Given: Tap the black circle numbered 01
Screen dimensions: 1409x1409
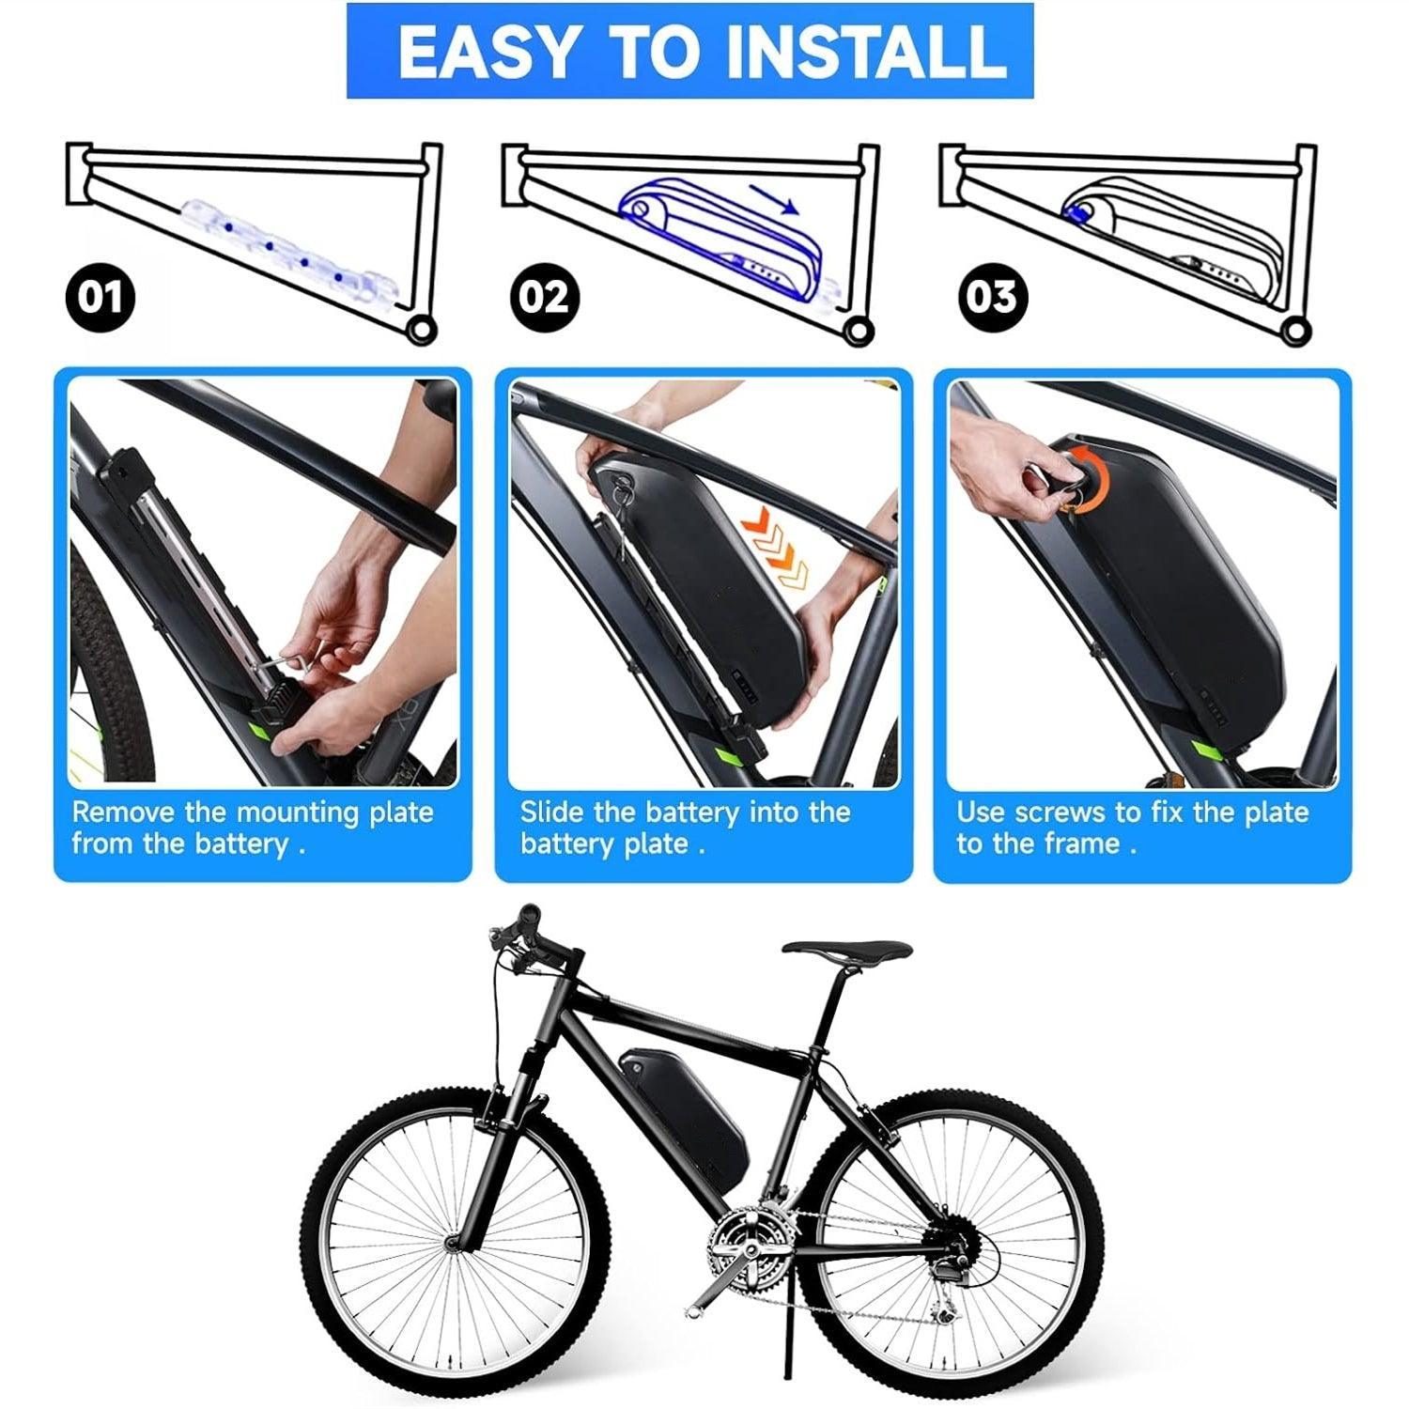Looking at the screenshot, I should pyautogui.click(x=100, y=297).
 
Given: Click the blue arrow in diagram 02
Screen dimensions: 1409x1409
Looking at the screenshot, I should pyautogui.click(x=775, y=200).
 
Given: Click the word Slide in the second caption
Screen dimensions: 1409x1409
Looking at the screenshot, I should pyautogui.click(x=552, y=812).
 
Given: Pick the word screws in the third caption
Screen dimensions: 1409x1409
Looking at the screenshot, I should pyautogui.click(x=1060, y=812).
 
